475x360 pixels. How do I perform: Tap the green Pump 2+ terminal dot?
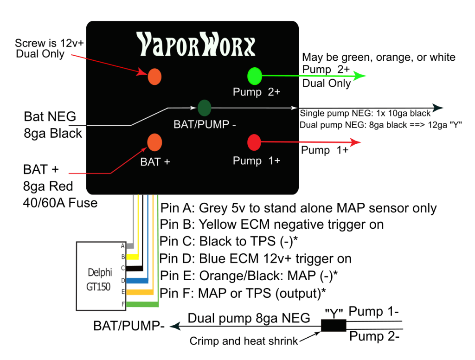(255, 76)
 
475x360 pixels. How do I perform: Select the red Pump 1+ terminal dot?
(254, 142)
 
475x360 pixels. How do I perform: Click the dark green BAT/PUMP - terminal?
(204, 108)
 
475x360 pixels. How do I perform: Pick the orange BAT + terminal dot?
(154, 142)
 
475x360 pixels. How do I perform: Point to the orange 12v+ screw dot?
(154, 77)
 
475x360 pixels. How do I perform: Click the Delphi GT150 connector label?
(99, 279)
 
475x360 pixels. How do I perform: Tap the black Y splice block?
(334, 326)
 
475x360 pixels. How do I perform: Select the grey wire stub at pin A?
(130, 246)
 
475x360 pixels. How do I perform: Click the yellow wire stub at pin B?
(132, 257)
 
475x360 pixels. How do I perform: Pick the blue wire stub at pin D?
(137, 280)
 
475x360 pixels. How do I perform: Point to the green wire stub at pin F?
(142, 304)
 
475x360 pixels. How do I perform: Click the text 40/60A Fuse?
(60, 203)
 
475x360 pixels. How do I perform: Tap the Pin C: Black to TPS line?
(229, 242)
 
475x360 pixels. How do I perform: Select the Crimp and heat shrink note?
(244, 341)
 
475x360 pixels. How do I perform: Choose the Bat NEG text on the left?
(50, 116)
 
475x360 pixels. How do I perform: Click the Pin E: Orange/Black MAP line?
(249, 276)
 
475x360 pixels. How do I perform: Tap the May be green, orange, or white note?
(379, 57)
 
